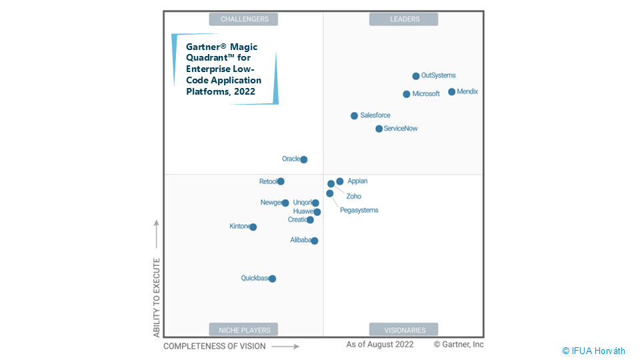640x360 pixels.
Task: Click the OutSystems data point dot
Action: point(416,76)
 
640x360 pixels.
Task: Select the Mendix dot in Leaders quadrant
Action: point(452,92)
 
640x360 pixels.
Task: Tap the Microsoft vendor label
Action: point(426,94)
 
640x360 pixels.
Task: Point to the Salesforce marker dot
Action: point(355,116)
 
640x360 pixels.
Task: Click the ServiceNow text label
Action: point(401,129)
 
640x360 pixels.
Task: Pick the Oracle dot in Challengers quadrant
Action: point(304,160)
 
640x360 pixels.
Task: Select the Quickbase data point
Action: point(272,279)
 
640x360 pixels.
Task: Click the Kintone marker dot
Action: point(253,227)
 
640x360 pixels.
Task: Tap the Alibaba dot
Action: point(315,241)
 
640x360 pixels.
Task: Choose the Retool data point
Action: point(281,181)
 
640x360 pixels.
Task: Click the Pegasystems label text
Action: point(359,210)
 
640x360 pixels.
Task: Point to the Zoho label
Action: point(353,197)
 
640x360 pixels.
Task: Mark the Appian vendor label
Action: point(357,181)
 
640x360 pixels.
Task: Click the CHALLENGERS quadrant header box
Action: point(244,19)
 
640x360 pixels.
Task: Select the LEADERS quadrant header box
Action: point(404,19)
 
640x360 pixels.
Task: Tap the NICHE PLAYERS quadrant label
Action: point(244,329)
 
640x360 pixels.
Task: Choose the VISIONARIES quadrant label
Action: point(404,329)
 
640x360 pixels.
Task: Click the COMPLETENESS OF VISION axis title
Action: point(214,346)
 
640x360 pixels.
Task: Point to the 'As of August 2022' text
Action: point(379,345)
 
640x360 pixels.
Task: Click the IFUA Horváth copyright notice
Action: point(593,351)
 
